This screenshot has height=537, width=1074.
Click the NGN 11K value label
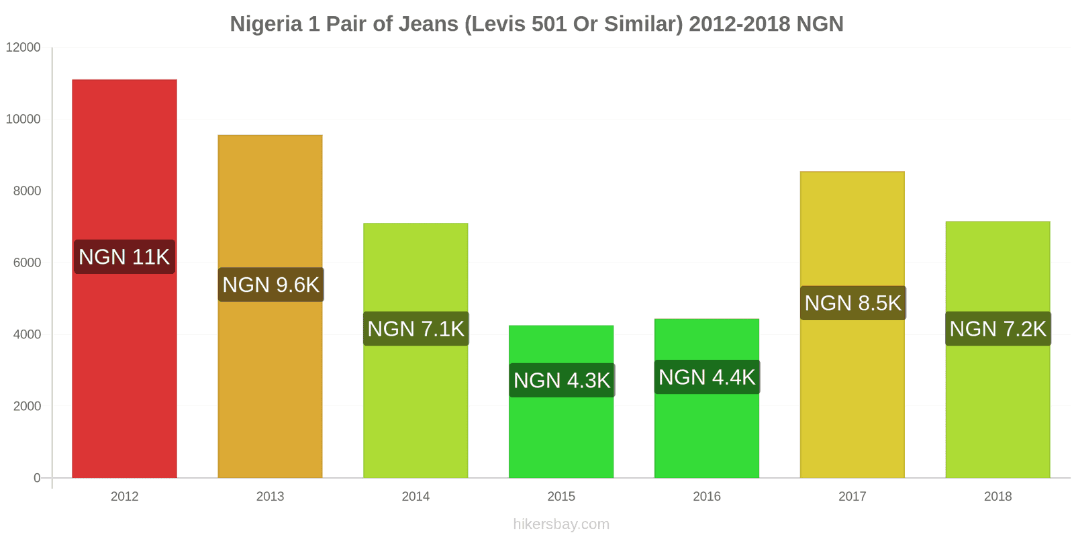click(x=124, y=257)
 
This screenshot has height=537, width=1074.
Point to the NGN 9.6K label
click(x=271, y=285)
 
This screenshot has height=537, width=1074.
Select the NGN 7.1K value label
click(x=416, y=329)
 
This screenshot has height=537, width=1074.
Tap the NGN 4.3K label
click(x=561, y=381)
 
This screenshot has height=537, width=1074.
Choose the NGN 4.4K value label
click(x=707, y=377)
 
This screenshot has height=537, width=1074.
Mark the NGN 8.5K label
click(x=852, y=303)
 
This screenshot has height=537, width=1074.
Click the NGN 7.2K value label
click(x=997, y=329)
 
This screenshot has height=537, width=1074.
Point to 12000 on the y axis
click(x=23, y=48)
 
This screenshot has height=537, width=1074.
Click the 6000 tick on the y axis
click(x=27, y=262)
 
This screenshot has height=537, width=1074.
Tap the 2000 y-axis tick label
click(x=27, y=406)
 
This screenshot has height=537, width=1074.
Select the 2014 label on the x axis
click(x=416, y=497)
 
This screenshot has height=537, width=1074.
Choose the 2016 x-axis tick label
click(x=707, y=497)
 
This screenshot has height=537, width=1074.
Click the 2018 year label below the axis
click(x=997, y=497)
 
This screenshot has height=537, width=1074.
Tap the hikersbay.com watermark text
click(x=561, y=524)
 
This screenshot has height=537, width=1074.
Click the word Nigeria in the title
click(x=266, y=24)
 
